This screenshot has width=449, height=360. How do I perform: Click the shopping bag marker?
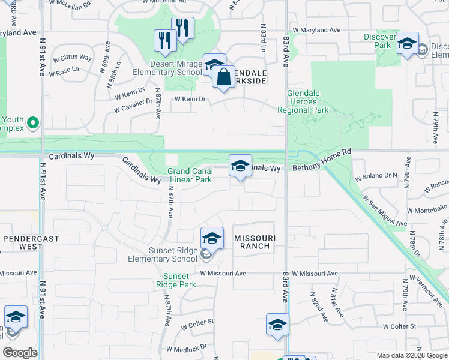click(223, 77)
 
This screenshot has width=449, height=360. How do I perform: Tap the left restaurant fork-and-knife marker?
click(165, 41)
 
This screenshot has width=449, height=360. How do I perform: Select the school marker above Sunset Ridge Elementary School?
click(212, 239)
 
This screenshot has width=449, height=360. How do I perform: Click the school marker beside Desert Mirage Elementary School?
click(214, 65)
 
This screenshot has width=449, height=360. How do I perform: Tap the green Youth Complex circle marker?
click(33, 124)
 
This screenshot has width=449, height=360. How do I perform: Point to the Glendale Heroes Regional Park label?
click(303, 106)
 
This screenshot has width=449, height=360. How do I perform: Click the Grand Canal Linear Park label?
click(190, 175)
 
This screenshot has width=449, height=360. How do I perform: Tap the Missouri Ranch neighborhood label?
click(255, 242)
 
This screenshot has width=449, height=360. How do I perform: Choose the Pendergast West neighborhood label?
click(23, 242)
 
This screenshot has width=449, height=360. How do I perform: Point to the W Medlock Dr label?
click(187, 348)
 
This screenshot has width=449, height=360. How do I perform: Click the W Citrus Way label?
click(73, 57)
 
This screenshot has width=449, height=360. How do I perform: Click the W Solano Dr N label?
click(376, 177)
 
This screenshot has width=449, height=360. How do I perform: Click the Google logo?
click(20, 353)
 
